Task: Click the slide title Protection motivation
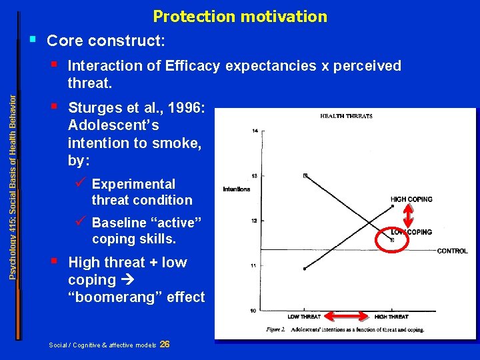[240, 16]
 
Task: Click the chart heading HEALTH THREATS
[346, 116]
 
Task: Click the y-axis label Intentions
[237, 189]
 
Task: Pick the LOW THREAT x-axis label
[304, 316]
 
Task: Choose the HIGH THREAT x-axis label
[391, 316]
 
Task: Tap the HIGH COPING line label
[411, 199]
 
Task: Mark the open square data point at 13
[305, 176]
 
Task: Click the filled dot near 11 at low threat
[304, 269]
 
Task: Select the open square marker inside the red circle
[393, 239]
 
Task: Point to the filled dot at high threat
[393, 207]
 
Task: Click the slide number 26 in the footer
[165, 344]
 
